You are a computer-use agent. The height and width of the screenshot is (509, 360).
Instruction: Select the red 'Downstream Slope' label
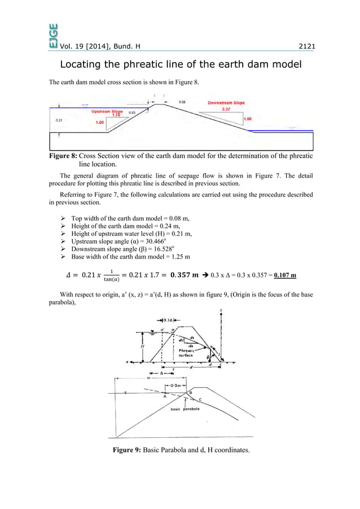(x=226, y=103)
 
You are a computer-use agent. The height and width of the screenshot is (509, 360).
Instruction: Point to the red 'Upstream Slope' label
(x=107, y=112)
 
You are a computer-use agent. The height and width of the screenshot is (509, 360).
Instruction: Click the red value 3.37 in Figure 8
(x=226, y=109)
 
